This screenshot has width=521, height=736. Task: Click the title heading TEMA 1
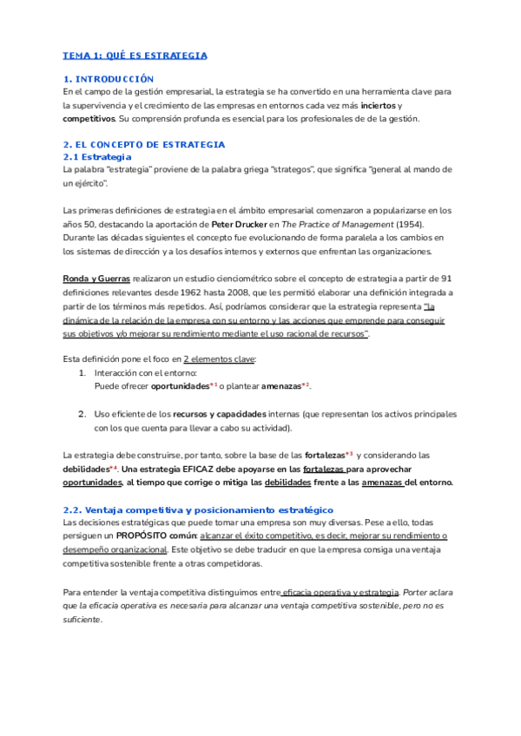135,56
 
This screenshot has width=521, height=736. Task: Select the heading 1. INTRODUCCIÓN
109,79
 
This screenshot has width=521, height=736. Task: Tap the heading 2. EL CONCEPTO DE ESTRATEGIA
144,144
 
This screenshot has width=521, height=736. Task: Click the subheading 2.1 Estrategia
98,157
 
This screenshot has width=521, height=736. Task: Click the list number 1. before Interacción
82,372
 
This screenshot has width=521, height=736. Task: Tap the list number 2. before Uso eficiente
82,414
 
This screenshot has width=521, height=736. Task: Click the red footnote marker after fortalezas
349,454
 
